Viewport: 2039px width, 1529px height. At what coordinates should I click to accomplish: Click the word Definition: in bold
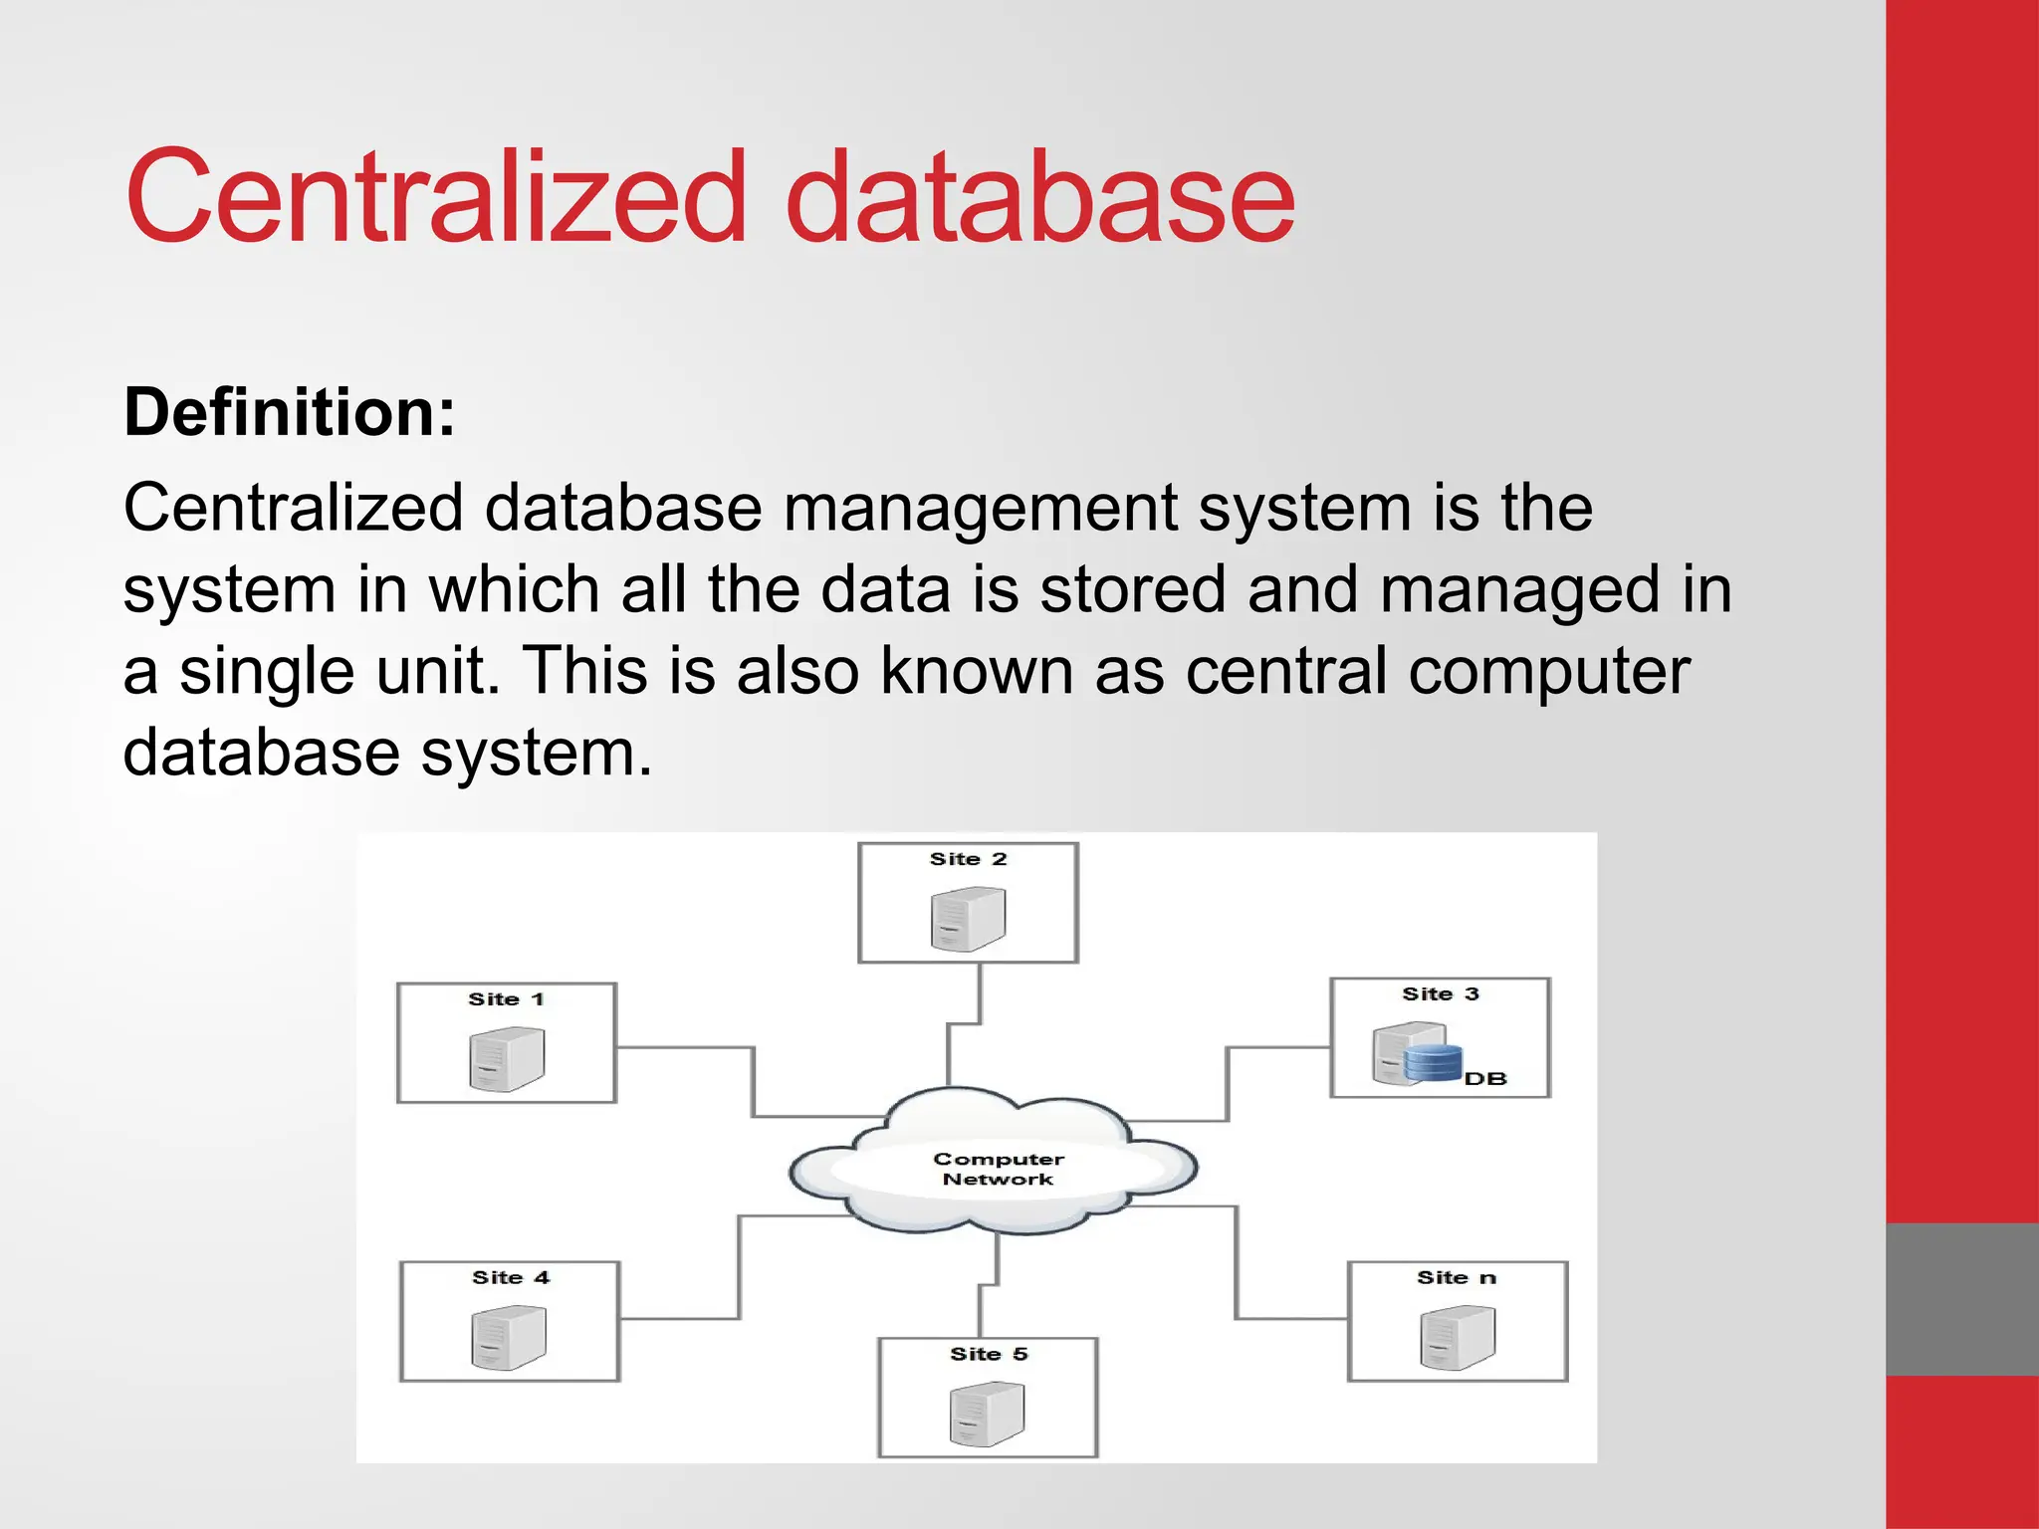coord(289,412)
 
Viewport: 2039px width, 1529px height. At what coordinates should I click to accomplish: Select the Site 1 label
coord(506,999)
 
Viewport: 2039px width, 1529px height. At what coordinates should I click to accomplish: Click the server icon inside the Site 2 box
coord(968,919)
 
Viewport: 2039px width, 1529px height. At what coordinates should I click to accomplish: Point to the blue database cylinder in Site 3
coord(1434,1063)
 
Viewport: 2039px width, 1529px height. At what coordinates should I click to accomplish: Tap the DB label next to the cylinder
coord(1485,1079)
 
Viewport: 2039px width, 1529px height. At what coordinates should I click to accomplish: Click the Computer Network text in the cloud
coord(998,1170)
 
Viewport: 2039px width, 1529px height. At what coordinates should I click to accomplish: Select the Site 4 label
coord(510,1278)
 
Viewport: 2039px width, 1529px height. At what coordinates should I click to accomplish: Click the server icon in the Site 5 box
coord(987,1415)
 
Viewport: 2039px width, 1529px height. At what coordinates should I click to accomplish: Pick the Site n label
coord(1457,1278)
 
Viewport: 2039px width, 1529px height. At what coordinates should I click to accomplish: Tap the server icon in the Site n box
coord(1458,1338)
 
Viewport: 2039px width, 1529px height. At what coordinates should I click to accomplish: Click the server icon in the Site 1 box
coord(507,1059)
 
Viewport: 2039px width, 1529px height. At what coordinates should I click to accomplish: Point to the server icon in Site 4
coord(509,1338)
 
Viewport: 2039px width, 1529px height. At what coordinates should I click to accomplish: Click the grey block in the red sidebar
coord(1961,1299)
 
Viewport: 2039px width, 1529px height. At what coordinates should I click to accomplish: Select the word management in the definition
coord(980,509)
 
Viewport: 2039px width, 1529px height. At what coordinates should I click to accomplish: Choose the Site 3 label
coord(1441,994)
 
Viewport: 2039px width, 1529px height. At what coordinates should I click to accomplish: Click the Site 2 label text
coord(968,859)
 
